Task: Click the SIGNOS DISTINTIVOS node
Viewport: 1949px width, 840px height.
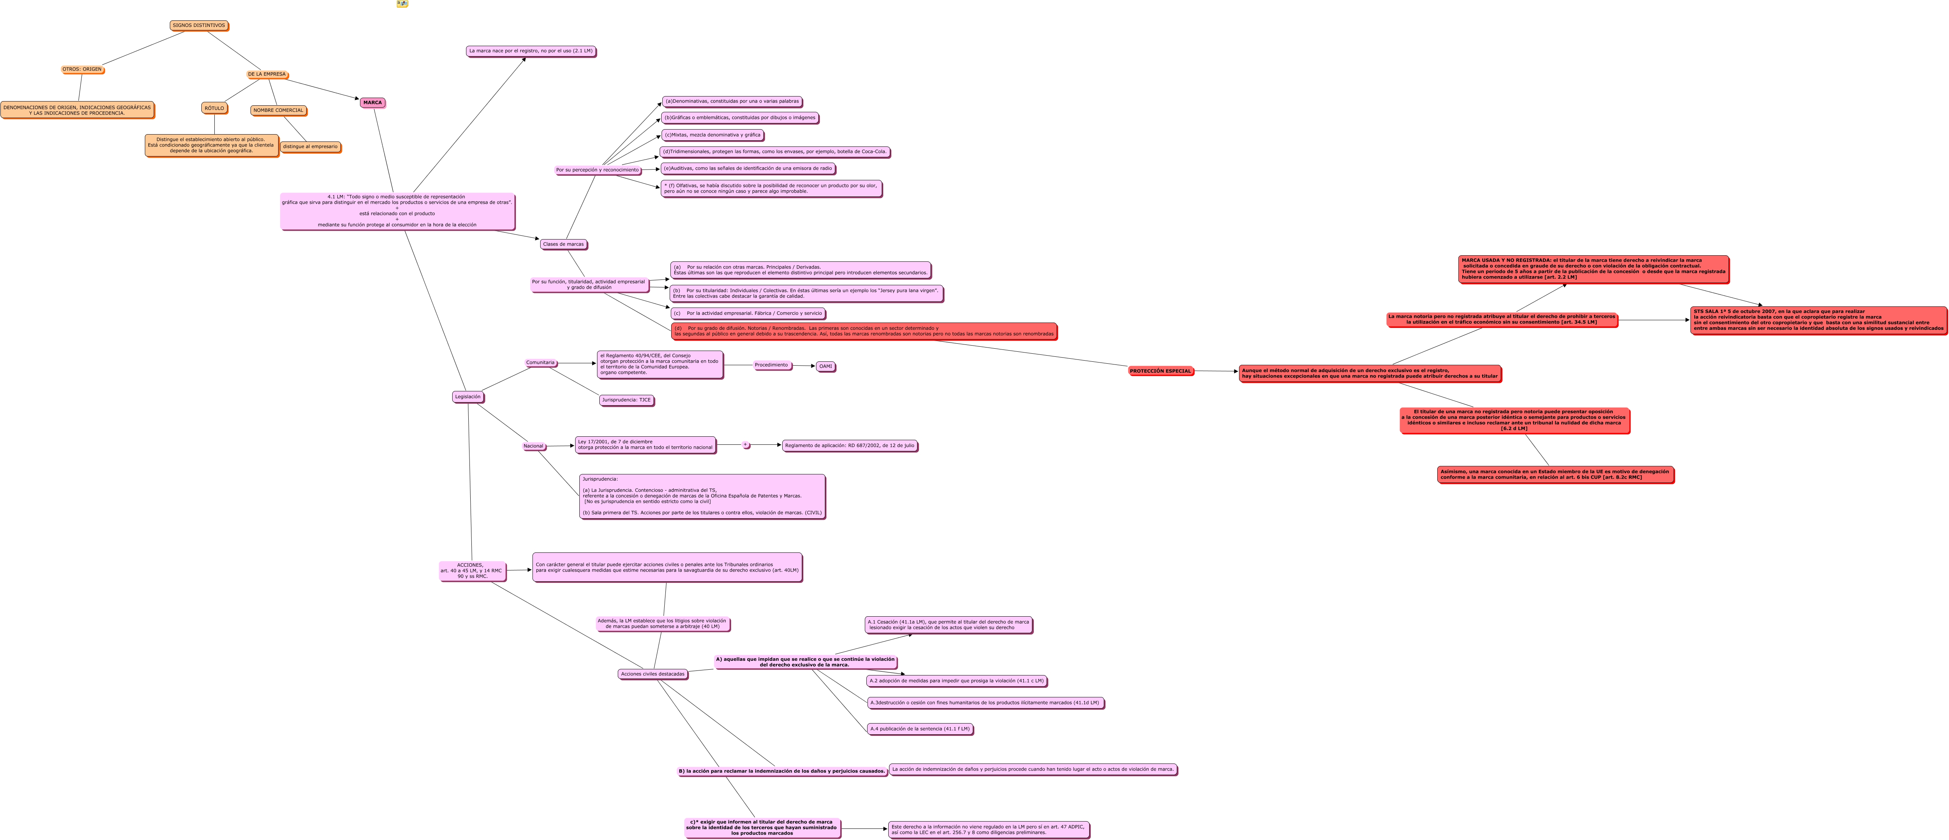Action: point(198,26)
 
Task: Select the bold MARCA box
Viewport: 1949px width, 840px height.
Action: point(372,103)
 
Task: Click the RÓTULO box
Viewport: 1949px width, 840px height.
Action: point(214,108)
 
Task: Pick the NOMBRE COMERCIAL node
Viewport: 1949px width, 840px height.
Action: point(278,110)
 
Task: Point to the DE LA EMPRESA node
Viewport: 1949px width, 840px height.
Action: point(266,74)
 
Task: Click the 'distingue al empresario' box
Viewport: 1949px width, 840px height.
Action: point(310,147)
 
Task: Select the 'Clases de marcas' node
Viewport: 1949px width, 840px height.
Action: point(563,245)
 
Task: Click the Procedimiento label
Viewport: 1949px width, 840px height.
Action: point(771,366)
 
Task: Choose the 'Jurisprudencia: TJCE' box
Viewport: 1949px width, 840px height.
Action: point(626,400)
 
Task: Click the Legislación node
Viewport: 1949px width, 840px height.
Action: point(468,396)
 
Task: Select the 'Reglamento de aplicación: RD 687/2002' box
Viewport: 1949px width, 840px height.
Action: point(849,446)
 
